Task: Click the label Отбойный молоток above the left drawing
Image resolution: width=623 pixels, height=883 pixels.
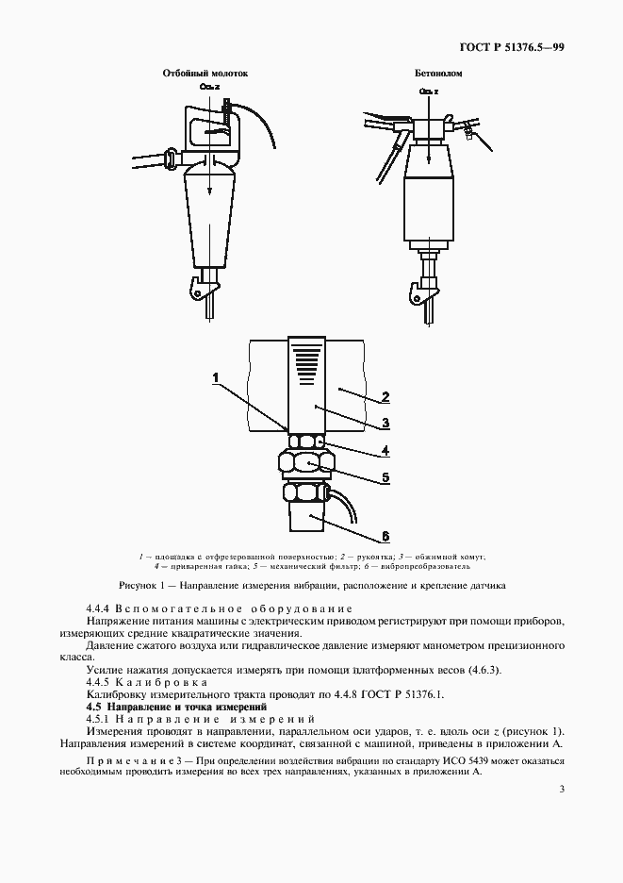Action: pos(205,74)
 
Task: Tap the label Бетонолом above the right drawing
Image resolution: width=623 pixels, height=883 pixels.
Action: pos(433,74)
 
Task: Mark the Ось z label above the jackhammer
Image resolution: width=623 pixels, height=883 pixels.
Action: pos(209,87)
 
